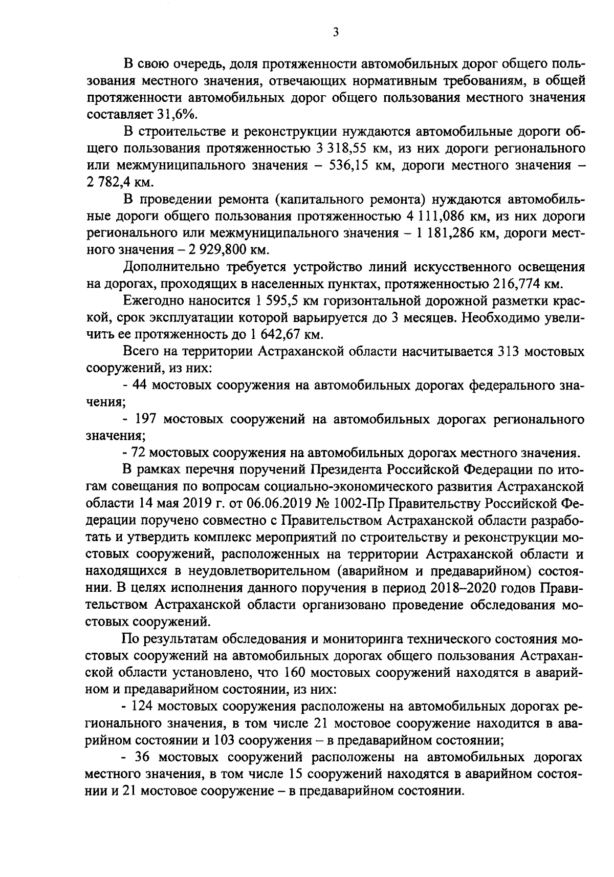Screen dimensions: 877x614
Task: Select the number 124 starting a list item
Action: (x=144, y=707)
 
